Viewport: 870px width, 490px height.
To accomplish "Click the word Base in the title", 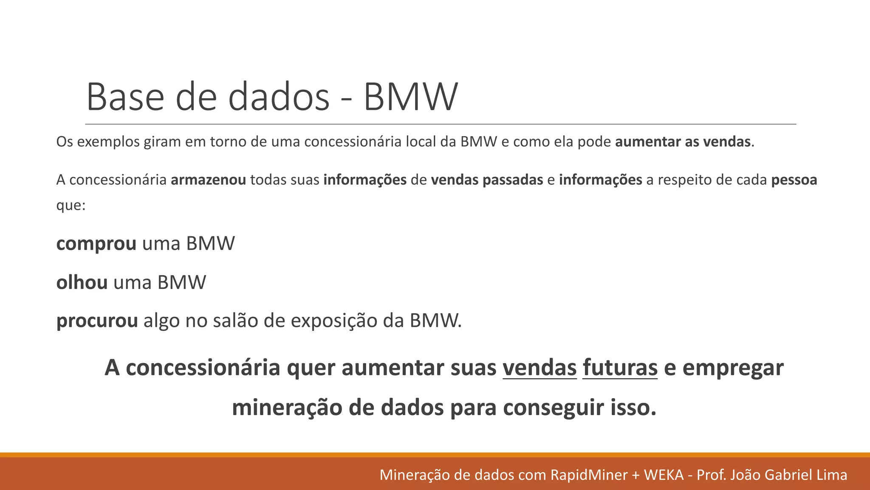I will coord(125,97).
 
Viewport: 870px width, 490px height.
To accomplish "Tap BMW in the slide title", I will coord(411,97).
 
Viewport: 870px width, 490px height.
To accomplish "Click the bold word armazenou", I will coord(208,180).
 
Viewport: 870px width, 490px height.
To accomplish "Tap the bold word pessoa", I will coord(794,180).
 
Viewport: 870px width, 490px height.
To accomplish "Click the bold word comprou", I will coord(96,244).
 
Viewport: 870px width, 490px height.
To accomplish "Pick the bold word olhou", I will coord(82,282).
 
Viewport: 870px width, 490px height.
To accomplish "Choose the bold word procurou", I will coord(97,321).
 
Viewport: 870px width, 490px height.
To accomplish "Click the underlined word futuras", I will coord(620,367).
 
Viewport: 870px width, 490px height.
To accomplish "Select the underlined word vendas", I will coord(540,367).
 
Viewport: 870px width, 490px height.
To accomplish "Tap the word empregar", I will coord(733,367).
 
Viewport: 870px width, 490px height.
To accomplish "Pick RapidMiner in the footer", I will coord(589,475).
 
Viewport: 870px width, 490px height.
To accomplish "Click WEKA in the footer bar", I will coord(664,475).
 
